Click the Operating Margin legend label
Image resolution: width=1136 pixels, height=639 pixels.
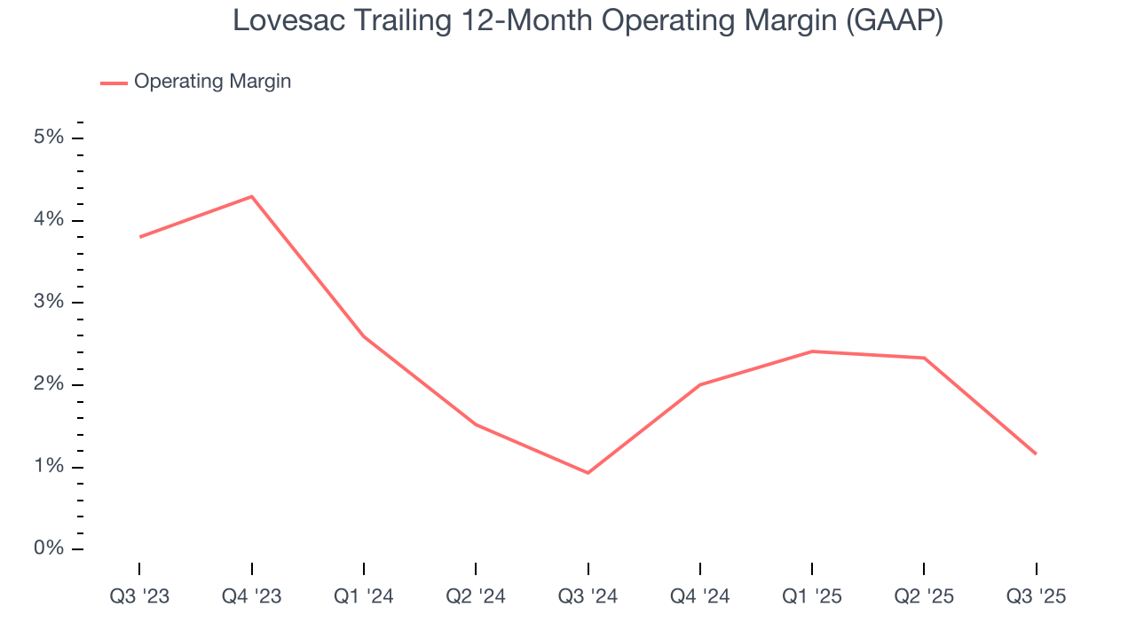(212, 82)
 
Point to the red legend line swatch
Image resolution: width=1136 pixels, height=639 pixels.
(114, 83)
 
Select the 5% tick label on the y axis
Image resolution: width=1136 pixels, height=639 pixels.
(49, 138)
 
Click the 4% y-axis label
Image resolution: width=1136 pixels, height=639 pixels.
(49, 220)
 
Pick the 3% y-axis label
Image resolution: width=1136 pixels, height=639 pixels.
(49, 302)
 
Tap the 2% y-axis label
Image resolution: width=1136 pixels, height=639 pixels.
(49, 384)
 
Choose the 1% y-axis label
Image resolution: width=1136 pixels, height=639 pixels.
(49, 467)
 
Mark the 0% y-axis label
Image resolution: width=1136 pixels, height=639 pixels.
(49, 548)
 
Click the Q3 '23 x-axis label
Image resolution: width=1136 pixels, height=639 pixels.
(139, 596)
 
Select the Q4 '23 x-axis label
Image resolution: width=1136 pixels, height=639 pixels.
(251, 596)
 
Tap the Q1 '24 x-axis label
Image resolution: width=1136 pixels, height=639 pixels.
(364, 596)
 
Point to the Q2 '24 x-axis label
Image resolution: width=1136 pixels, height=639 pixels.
(476, 596)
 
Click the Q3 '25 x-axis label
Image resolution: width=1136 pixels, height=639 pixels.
(1037, 596)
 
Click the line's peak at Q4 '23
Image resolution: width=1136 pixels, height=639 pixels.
(252, 196)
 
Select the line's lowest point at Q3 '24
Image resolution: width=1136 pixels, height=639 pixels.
(588, 473)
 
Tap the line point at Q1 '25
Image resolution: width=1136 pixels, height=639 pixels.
(812, 351)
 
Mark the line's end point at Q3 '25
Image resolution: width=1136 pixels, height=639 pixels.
(1036, 454)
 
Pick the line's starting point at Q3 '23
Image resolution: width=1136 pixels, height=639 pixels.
(140, 237)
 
